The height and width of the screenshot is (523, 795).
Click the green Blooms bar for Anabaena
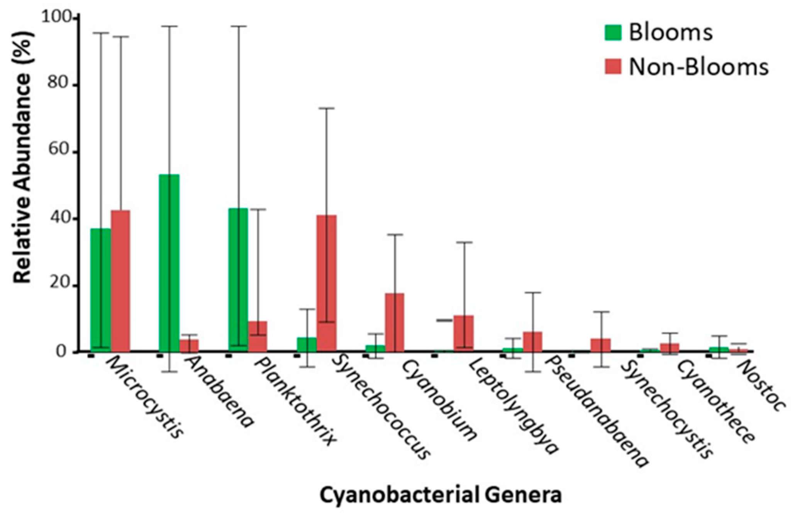point(169,263)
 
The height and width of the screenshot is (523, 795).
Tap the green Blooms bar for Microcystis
point(100,290)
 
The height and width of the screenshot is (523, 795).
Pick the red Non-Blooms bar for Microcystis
point(120,281)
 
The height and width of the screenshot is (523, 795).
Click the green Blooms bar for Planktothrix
point(238,280)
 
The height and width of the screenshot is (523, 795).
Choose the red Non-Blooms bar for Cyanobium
point(395,323)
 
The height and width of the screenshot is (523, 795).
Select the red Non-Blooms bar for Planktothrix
point(258,336)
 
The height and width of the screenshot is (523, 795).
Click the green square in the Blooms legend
point(613,32)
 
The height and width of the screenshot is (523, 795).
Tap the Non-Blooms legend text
point(699,67)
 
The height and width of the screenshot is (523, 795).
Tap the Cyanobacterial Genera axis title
point(440,495)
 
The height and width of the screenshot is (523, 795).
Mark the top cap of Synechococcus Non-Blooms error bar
point(327,108)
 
